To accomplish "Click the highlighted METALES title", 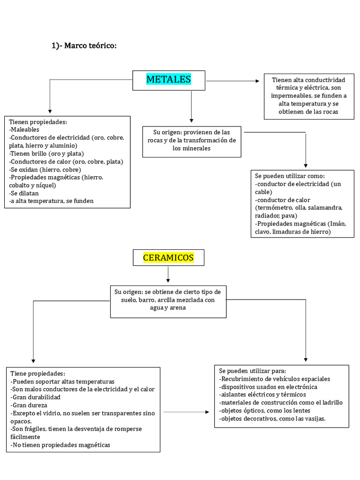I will [168, 79].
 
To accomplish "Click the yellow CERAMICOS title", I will [168, 257].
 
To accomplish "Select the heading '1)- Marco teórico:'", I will [83, 45].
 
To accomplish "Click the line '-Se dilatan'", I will [24, 193].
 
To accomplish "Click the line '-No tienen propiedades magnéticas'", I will [61, 445].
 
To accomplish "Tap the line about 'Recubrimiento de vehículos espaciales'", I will [275, 379].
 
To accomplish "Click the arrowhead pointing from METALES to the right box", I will [257, 81].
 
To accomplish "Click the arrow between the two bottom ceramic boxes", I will [207, 412].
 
